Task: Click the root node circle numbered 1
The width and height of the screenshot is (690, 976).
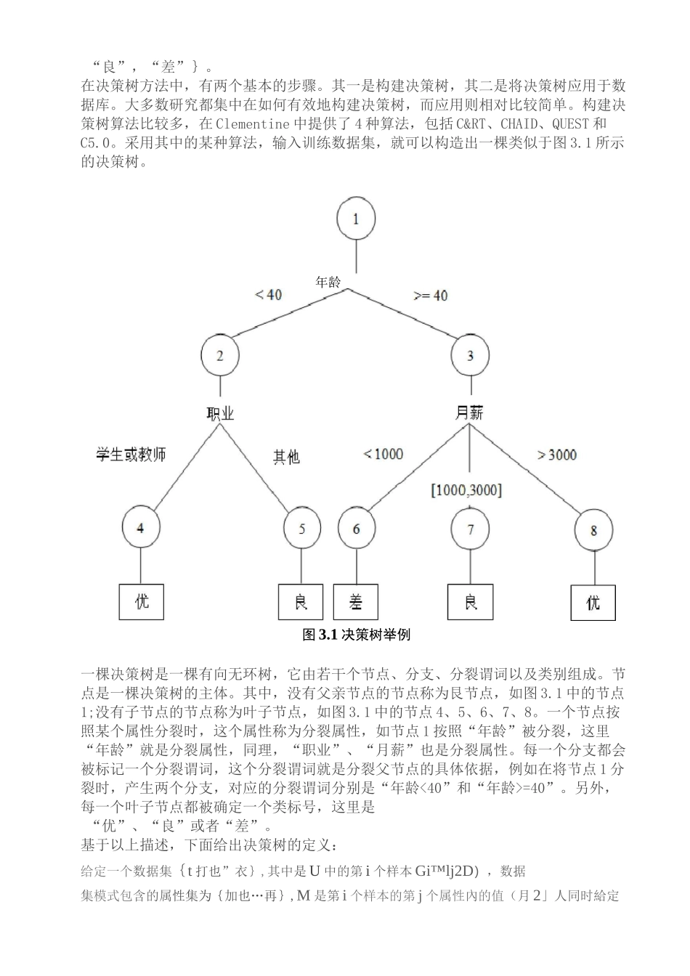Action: tap(356, 219)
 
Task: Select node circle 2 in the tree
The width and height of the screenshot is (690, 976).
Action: tap(220, 355)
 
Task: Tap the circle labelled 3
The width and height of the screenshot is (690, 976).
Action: tap(470, 355)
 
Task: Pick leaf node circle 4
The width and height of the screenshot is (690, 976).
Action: tap(141, 527)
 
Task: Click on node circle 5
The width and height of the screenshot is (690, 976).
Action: tap(303, 528)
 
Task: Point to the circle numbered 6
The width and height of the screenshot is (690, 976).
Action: tap(356, 528)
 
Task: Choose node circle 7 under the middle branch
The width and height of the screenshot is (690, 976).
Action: tap(470, 529)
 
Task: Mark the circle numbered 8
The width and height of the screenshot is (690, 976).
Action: tap(593, 530)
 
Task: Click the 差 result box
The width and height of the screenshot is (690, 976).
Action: tap(356, 601)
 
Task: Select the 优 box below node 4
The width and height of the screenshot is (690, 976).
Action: tap(142, 601)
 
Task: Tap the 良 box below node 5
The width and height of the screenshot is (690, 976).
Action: tap(301, 601)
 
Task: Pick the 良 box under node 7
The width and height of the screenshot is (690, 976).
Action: tap(471, 601)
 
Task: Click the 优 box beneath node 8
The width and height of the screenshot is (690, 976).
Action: tap(593, 602)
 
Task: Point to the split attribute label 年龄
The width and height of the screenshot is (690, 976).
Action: tap(328, 282)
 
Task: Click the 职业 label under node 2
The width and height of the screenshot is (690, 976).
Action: tap(221, 414)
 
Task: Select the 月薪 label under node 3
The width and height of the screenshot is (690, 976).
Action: tap(469, 413)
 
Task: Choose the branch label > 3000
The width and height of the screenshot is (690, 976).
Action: tap(557, 455)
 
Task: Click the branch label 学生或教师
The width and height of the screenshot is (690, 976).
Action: tap(131, 454)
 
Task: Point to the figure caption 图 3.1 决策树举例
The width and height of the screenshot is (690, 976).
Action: tap(357, 635)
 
